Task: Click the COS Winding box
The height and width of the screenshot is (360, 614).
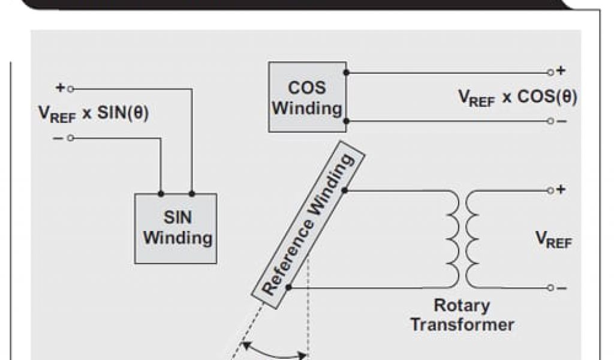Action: coord(307,97)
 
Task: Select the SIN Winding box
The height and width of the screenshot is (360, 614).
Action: coord(176,229)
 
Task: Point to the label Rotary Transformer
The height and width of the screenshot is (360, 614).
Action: coord(462,315)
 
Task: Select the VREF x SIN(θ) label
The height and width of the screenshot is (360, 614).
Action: coord(94,113)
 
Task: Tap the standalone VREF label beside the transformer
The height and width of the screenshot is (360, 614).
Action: coord(553,239)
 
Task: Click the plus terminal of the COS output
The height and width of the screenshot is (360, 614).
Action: coord(550,72)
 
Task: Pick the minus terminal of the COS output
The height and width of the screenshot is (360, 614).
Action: coord(550,121)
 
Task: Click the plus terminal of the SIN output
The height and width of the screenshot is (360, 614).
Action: coord(70,89)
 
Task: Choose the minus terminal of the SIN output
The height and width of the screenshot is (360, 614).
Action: coord(70,138)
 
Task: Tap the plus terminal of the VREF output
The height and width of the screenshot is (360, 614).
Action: coord(550,190)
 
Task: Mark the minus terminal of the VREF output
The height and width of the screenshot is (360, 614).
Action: coord(550,288)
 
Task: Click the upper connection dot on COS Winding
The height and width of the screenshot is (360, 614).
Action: coord(346,73)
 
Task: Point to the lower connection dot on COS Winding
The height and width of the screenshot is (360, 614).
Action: coord(346,121)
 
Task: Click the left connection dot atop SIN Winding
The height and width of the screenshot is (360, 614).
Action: coord(161,194)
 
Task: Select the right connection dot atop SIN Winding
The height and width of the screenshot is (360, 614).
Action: coord(192,194)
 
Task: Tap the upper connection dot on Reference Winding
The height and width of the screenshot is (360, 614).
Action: coord(345,191)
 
